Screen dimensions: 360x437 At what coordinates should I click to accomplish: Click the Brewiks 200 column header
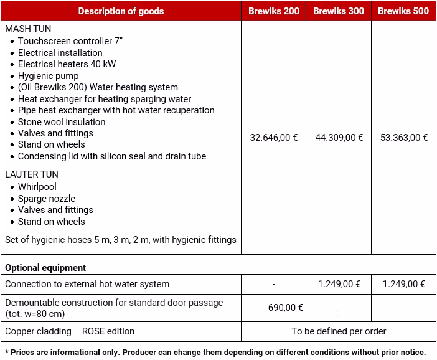tap(274, 11)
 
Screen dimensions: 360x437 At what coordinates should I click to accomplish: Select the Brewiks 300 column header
tap(339, 11)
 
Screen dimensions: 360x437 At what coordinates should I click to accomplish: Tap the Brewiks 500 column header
tap(403, 11)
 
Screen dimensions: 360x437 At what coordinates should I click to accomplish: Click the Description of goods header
tap(121, 11)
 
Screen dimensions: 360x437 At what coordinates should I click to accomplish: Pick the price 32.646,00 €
tap(274, 138)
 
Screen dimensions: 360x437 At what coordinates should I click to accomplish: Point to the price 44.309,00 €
tap(339, 138)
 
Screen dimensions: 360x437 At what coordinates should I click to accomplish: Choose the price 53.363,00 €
tap(403, 138)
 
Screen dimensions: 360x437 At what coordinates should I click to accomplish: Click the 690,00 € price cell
tap(285, 308)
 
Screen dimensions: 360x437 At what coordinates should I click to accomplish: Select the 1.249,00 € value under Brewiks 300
tap(339, 284)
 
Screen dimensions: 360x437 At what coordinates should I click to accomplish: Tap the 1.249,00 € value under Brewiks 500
tap(403, 284)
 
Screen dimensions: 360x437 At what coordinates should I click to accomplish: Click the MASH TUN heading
tap(29, 29)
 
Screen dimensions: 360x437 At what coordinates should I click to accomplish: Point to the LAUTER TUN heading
tap(32, 174)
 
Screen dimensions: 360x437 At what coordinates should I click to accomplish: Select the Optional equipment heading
tap(45, 268)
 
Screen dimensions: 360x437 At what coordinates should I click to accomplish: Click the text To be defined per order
tap(339, 331)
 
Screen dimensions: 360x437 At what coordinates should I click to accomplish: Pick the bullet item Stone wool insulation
tap(62, 122)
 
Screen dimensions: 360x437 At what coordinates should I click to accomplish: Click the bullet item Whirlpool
tap(37, 187)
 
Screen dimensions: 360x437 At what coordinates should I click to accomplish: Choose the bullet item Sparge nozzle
tap(47, 199)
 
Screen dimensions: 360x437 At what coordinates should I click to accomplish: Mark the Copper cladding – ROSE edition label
tap(70, 331)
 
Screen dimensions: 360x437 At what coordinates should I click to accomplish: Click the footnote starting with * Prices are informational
tap(215, 353)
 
